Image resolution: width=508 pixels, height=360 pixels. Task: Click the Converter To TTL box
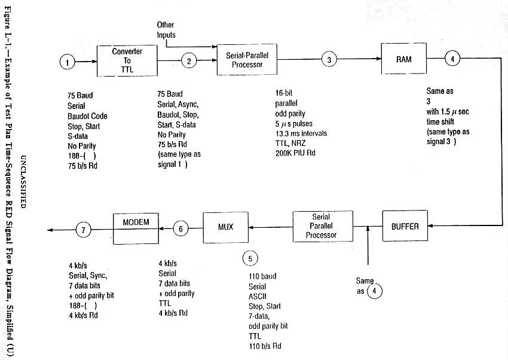[127, 59]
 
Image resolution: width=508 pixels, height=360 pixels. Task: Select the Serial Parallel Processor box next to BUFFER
[321, 226]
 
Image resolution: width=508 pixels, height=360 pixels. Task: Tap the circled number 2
[189, 60]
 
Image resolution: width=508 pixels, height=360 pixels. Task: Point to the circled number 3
[329, 59]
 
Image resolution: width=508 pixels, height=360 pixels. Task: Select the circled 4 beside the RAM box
[452, 59]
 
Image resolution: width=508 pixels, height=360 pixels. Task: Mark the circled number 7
[84, 228]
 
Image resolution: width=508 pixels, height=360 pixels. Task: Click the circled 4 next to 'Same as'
[374, 291]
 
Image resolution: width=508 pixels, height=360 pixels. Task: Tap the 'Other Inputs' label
[166, 30]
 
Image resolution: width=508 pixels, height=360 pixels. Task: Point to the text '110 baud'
[262, 277]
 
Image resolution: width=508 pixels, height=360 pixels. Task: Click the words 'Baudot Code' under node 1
[87, 115]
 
